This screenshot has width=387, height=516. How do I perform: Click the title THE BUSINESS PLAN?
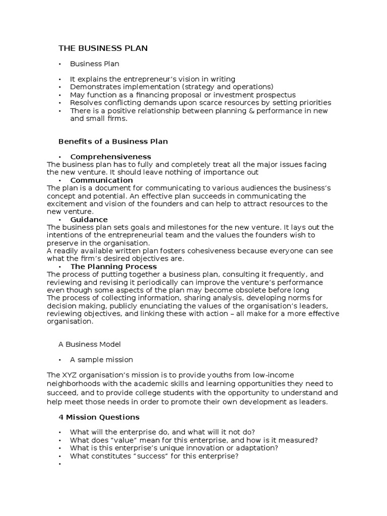point(103,48)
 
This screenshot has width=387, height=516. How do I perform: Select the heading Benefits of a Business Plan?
point(113,142)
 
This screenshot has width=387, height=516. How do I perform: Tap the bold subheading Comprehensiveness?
point(110,157)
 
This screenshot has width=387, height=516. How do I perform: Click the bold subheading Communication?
point(101,180)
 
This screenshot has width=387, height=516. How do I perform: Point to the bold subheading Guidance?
point(89,219)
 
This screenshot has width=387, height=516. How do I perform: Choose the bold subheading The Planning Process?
point(113,266)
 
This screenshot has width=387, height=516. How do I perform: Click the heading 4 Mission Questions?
point(99,417)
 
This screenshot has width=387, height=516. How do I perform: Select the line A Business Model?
point(90,344)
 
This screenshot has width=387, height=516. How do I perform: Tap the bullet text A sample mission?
point(101,360)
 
